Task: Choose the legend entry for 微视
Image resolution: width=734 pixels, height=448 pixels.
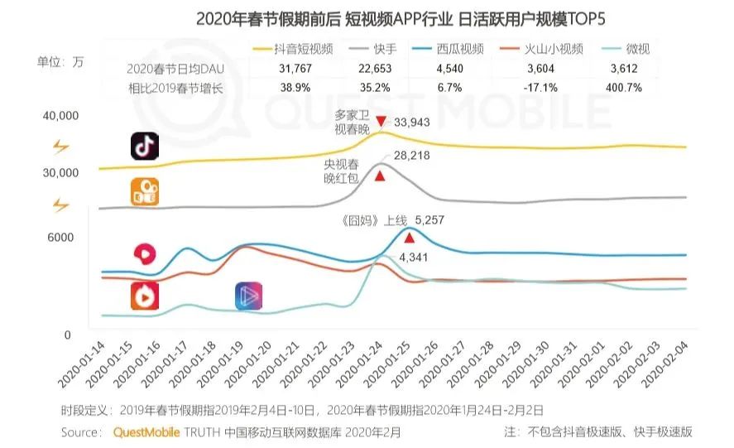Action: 630,49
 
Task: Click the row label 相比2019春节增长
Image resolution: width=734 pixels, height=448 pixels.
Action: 175,87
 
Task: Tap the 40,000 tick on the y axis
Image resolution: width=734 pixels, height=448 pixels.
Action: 60,115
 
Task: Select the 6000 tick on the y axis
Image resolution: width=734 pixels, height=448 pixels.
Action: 60,238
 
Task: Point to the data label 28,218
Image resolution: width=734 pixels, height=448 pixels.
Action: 410,156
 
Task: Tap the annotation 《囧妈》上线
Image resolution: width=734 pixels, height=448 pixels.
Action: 374,220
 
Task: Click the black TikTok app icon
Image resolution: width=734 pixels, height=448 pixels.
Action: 145,146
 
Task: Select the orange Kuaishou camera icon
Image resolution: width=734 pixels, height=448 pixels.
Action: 145,191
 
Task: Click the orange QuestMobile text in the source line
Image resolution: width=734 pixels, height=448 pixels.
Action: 146,432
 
